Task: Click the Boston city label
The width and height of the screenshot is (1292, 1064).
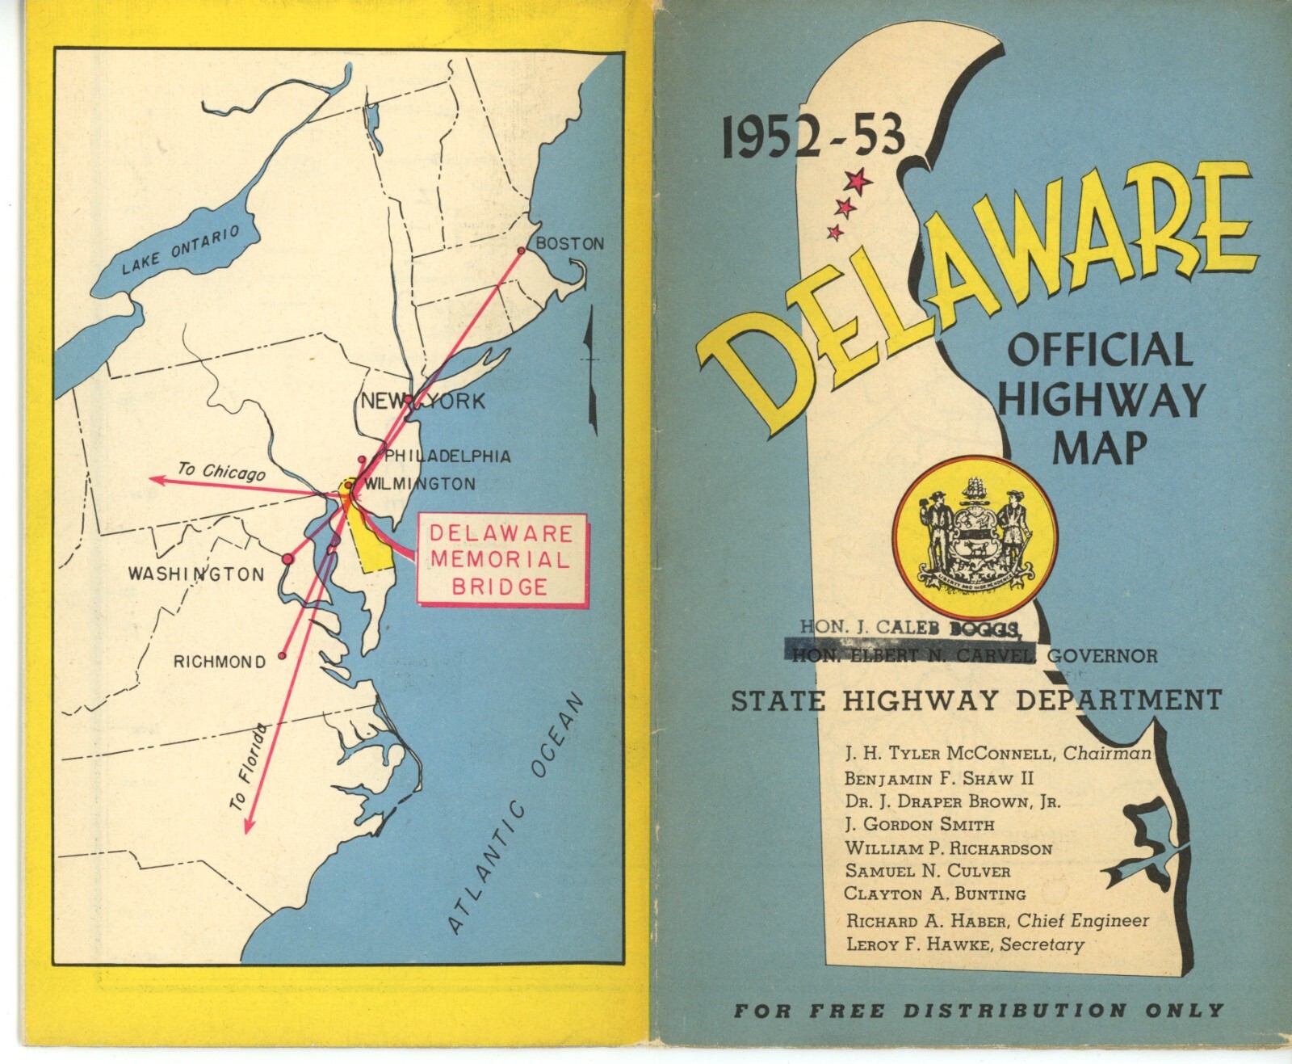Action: pos(569,243)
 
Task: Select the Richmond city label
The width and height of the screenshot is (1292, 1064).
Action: pos(220,662)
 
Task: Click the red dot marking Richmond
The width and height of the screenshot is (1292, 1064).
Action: pos(282,656)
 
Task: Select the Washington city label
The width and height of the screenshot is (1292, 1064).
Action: pos(196,574)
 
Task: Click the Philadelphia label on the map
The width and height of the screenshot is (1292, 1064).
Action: pos(447,456)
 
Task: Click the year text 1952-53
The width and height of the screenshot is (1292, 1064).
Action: pos(813,137)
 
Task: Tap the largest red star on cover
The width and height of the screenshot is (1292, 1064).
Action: pos(858,180)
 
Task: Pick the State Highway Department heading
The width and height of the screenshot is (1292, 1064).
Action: pos(975,700)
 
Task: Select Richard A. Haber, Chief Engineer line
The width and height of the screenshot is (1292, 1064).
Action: pos(996,920)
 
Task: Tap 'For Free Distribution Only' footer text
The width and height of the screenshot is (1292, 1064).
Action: pos(978,1010)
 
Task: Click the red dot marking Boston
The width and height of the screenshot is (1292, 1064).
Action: pos(521,250)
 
